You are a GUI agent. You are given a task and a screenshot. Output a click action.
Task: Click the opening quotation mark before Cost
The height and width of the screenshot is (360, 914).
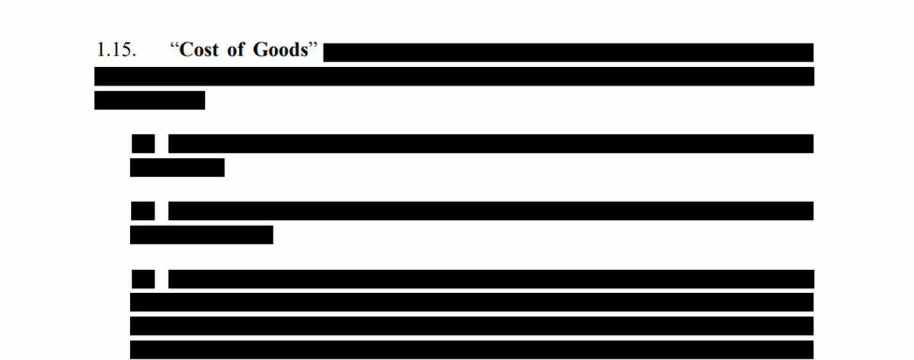coord(174,48)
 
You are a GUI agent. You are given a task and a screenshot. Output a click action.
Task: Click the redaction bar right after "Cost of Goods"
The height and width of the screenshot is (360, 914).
coord(568,53)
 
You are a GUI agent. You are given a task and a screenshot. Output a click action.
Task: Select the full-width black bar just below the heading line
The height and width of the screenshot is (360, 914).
coord(454,76)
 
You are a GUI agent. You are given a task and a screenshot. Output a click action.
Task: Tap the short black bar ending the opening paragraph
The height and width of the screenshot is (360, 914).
coord(150,100)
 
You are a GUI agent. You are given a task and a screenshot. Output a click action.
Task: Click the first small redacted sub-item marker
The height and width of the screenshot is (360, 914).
coord(143,143)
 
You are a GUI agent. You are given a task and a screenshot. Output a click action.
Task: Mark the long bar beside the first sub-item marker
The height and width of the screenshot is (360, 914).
coord(491,143)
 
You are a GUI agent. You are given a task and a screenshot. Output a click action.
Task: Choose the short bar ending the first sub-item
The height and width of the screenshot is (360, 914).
coord(177,168)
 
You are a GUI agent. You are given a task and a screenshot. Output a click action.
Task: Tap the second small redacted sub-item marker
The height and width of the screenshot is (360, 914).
coord(143,210)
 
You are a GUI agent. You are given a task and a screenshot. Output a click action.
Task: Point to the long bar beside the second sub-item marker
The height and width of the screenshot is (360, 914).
coord(491,210)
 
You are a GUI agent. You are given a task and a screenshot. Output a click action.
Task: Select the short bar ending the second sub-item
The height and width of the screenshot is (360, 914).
coord(201,235)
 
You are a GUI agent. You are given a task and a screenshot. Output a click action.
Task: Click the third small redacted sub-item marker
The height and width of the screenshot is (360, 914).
coord(143,278)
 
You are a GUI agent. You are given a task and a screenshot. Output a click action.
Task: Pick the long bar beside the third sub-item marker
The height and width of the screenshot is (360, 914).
coord(491,278)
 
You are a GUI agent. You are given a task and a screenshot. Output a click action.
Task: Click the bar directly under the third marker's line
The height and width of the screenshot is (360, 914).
coord(472,302)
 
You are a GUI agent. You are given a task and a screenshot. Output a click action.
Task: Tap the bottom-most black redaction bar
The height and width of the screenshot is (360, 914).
coord(472,350)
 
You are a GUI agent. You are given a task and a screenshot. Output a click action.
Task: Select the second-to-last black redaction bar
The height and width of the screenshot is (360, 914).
coord(472,325)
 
